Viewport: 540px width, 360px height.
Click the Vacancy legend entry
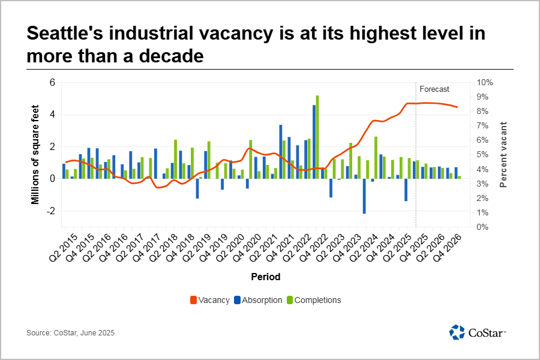pyautogui.click(x=210, y=300)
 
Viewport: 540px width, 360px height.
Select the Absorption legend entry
pyautogui.click(x=258, y=300)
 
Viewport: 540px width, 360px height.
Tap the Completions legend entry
pyautogui.click(x=313, y=300)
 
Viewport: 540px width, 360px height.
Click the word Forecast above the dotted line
pyautogui.click(x=434, y=89)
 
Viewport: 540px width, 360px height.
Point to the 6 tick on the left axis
pyautogui.click(x=52, y=83)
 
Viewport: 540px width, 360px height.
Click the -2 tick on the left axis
pyautogui.click(x=50, y=211)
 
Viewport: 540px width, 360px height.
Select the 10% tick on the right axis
pyautogui.click(x=485, y=83)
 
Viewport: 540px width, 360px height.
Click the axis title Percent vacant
pyautogui.click(x=504, y=155)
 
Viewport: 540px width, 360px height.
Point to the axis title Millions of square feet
pyautogui.click(x=35, y=155)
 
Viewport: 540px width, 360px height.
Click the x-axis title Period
pyautogui.click(x=266, y=277)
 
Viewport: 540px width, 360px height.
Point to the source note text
pyautogui.click(x=70, y=332)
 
